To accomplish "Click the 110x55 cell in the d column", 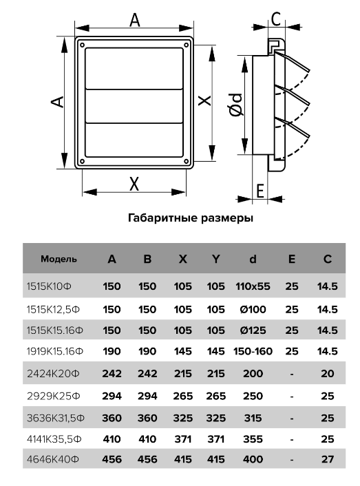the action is point(253,286).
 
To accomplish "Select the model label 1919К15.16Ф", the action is point(55,352).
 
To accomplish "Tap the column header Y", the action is point(215,259).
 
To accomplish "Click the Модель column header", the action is point(59,259).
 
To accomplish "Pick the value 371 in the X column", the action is point(183,439).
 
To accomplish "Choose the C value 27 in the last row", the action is point(328,459).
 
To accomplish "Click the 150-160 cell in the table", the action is point(253,352).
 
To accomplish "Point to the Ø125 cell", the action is point(253,330).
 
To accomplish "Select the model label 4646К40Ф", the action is point(53,459).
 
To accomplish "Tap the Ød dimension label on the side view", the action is point(236,105).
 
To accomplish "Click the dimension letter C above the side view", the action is point(276,19).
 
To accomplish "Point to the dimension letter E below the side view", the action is point(260,191).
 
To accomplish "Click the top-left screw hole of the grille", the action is point(83,45).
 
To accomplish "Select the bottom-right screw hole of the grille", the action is point(187,161).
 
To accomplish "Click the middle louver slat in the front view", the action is point(134,106).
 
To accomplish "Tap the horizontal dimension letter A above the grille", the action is point(134,21).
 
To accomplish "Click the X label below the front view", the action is point(134,184).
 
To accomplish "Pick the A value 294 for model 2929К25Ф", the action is point(112,396).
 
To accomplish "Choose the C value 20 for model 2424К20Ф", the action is point(328,374).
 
